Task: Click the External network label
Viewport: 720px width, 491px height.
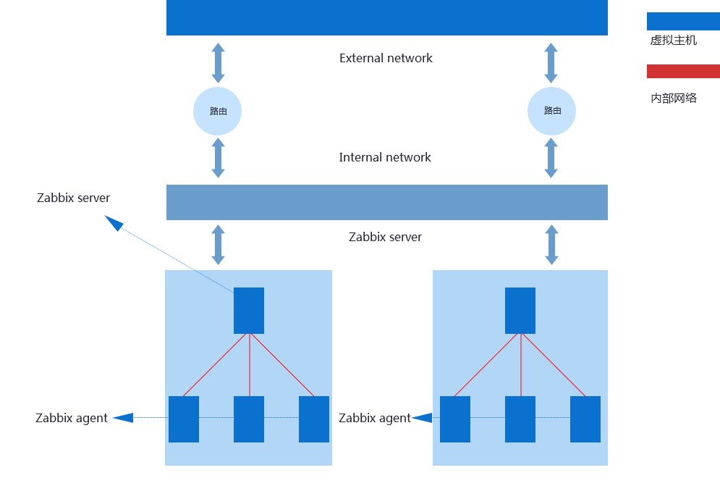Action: click(386, 59)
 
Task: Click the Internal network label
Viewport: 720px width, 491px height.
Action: click(385, 158)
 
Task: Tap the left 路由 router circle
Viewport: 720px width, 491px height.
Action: click(217, 111)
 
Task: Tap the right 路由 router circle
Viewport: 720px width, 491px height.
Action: click(551, 111)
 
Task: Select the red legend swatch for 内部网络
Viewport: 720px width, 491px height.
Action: click(682, 71)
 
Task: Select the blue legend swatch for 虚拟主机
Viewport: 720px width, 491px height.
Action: click(682, 21)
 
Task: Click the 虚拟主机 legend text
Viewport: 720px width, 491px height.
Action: click(673, 41)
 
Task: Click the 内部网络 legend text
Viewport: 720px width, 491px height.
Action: click(673, 98)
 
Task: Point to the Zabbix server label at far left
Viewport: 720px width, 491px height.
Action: click(73, 198)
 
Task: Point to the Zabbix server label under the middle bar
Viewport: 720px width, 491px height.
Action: click(385, 238)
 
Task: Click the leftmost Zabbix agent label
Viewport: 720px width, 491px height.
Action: click(72, 419)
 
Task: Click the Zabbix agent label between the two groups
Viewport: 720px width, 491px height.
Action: click(375, 419)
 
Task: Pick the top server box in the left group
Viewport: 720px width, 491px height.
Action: click(249, 310)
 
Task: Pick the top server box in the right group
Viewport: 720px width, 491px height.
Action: click(520, 310)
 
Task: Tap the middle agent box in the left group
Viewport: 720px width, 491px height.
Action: click(249, 419)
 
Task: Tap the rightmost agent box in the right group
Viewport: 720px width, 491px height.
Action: click(585, 419)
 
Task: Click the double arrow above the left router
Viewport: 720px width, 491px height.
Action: click(218, 63)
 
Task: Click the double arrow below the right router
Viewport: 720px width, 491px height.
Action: click(551, 158)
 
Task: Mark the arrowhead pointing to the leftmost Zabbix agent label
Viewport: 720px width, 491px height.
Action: click(123, 418)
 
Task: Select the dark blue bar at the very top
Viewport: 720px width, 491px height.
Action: click(386, 17)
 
